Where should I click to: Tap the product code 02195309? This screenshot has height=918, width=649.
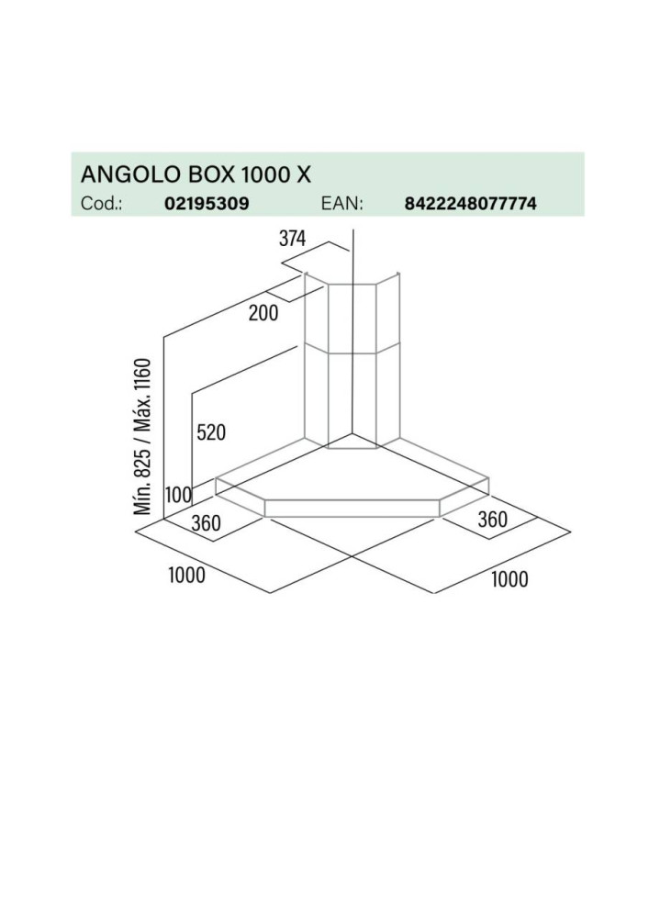pos(207,203)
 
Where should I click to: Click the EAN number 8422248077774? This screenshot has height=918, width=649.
pos(471,203)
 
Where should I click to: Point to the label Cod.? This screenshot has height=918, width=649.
pos(101,203)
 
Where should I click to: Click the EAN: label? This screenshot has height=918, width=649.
pos(342,203)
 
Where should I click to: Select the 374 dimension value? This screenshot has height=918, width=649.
pos(292,239)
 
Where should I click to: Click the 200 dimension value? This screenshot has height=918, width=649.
pos(263,313)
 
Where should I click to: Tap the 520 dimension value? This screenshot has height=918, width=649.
pos(211,432)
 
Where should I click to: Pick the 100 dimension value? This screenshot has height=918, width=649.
pos(178,496)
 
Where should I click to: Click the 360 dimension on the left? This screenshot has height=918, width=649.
pos(206,523)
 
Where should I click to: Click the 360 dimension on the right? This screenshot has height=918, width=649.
pos(493,520)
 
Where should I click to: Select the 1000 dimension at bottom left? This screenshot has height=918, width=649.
pos(186,575)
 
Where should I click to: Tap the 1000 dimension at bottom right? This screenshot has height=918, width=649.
pos(509,579)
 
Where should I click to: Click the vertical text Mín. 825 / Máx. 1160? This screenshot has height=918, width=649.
pos(143,437)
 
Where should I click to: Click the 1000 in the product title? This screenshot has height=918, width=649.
pos(265,174)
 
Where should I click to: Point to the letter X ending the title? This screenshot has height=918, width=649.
pos(304,174)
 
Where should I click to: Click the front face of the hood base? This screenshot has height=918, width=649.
pos(352,509)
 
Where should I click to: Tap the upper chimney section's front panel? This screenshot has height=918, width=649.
pos(352,319)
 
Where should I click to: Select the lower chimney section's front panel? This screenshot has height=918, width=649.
pos(352,401)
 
